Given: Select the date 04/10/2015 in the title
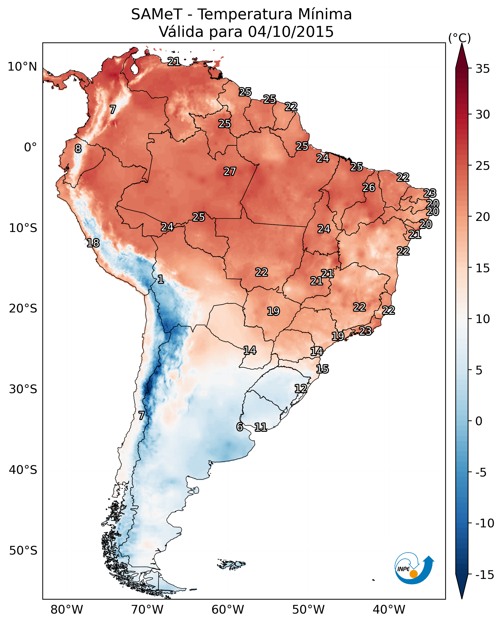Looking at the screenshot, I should [291, 32].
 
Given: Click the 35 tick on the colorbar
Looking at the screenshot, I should [483, 69].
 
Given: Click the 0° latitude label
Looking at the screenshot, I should [30, 147].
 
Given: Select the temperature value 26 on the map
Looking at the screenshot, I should [369, 188].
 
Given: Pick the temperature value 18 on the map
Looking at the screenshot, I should [93, 243].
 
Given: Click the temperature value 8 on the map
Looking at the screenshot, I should [78, 149].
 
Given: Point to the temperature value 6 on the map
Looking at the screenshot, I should [240, 427].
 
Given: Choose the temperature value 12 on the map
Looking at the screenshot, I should [301, 389].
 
